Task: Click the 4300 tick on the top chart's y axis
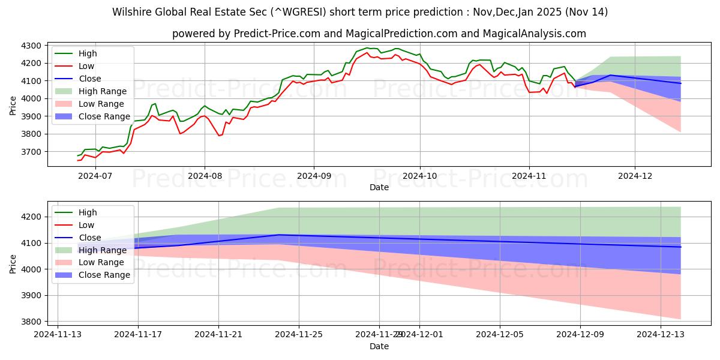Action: (x=30, y=46)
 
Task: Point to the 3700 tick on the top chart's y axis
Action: (x=30, y=152)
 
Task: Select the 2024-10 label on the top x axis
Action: (x=419, y=176)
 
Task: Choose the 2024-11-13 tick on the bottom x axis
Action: (x=58, y=334)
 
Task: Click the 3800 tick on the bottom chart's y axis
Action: (x=30, y=322)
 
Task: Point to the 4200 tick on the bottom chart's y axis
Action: (x=30, y=217)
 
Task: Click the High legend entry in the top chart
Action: (x=87, y=53)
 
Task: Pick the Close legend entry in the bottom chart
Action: (x=90, y=238)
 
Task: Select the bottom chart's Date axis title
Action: (x=379, y=346)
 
